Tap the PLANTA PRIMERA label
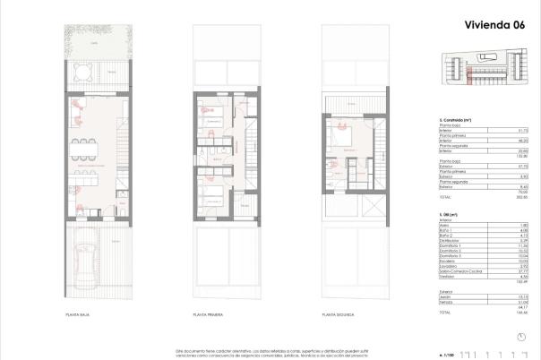pyautogui.click(x=208, y=315)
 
